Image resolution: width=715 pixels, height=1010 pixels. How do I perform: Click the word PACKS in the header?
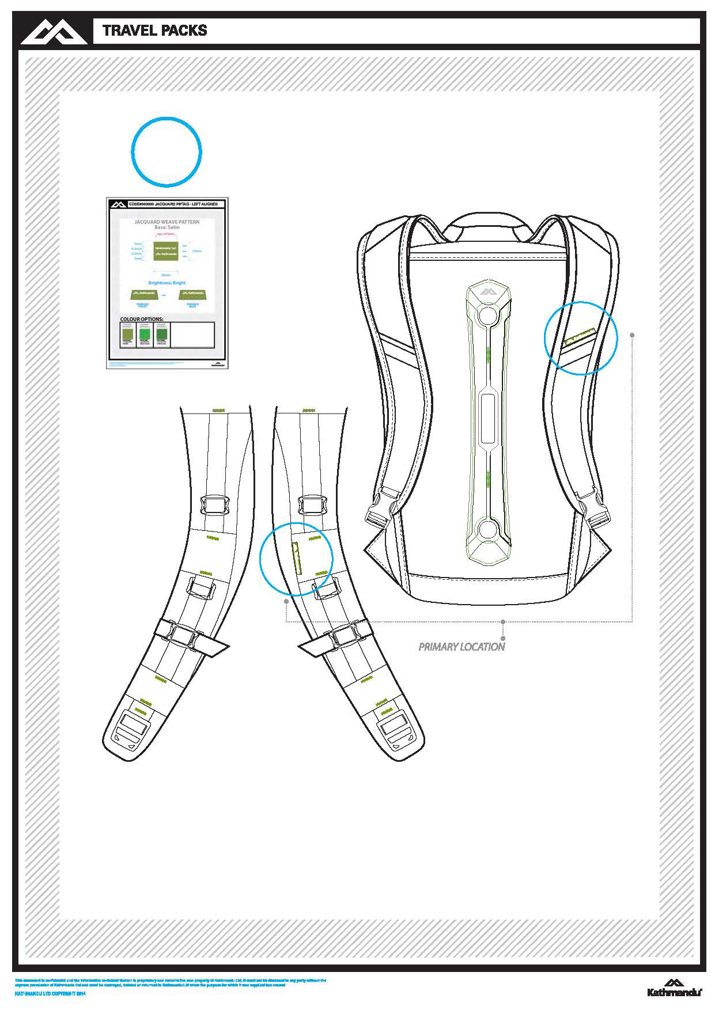(181, 31)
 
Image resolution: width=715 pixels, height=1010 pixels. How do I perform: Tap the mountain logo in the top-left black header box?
(56, 31)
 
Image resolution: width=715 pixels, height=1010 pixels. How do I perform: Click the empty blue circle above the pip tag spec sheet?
(167, 152)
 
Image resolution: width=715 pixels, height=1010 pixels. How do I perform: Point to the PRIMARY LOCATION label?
(461, 647)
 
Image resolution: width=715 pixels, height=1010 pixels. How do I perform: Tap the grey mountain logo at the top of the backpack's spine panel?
(489, 292)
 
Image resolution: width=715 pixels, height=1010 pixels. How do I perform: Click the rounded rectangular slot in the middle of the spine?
(489, 419)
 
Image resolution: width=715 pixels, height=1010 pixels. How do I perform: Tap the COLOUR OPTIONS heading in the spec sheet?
(142, 319)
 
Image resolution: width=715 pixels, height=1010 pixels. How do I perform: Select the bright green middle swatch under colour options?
(145, 333)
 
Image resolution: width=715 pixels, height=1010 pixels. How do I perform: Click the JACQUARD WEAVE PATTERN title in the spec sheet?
(167, 222)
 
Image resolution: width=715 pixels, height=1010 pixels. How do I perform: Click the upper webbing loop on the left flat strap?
(214, 506)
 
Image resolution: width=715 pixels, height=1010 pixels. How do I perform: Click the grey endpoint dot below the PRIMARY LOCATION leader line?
(504, 638)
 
